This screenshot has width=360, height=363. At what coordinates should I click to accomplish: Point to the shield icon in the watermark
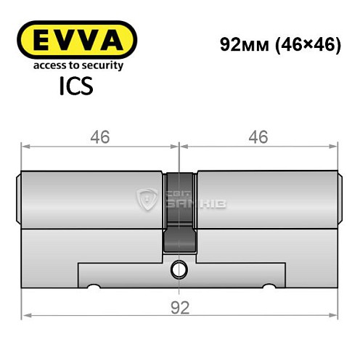click(x=148, y=197)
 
